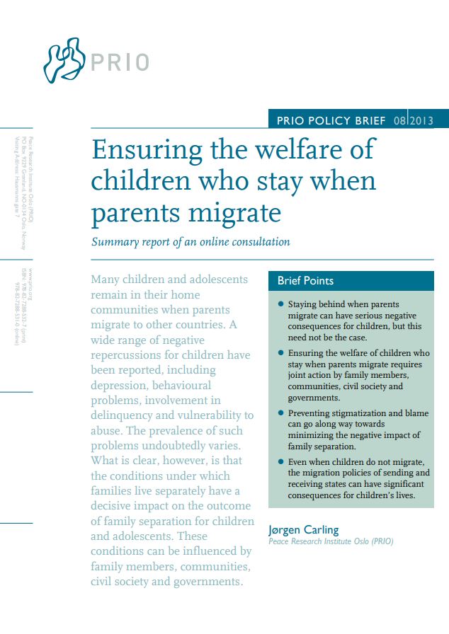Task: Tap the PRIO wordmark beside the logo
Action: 120,62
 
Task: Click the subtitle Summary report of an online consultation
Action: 191,242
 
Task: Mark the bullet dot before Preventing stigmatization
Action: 280,413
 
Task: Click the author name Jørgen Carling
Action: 304,529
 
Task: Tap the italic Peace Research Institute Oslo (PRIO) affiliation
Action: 331,541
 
